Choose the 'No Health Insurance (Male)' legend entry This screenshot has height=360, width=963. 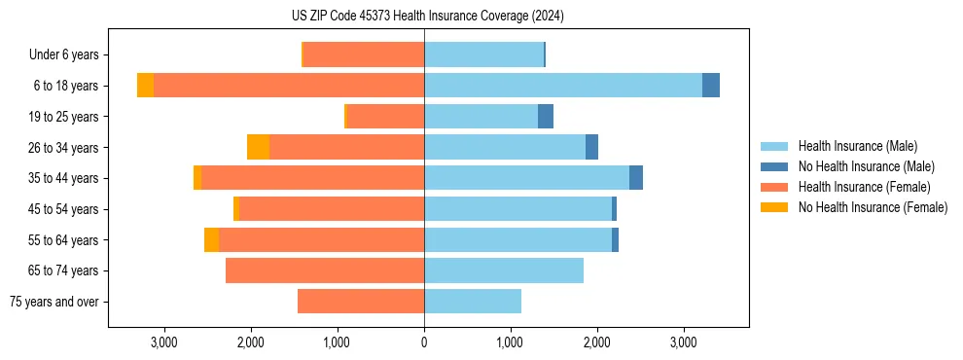pyautogui.click(x=866, y=166)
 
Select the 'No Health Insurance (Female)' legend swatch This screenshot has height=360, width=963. pyautogui.click(x=775, y=207)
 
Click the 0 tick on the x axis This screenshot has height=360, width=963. pyautogui.click(x=424, y=342)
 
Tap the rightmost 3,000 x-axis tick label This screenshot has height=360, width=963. pyautogui.click(x=684, y=342)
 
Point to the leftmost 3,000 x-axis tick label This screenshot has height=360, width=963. pyautogui.click(x=163, y=342)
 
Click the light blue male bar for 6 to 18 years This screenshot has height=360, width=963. pyautogui.click(x=562, y=86)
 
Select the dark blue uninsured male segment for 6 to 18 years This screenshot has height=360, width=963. pyautogui.click(x=711, y=86)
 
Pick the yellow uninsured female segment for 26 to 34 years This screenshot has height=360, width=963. pyautogui.click(x=258, y=147)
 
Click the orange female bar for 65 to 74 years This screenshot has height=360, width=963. pyautogui.click(x=324, y=270)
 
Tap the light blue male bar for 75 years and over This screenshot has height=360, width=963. pyautogui.click(x=473, y=302)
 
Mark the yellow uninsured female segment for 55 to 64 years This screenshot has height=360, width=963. pyautogui.click(x=211, y=239)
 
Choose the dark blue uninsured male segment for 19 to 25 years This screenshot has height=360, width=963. pyautogui.click(x=546, y=117)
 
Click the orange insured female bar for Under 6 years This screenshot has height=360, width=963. pyautogui.click(x=364, y=54)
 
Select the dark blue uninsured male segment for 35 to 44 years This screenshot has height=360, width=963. pyautogui.click(x=636, y=178)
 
